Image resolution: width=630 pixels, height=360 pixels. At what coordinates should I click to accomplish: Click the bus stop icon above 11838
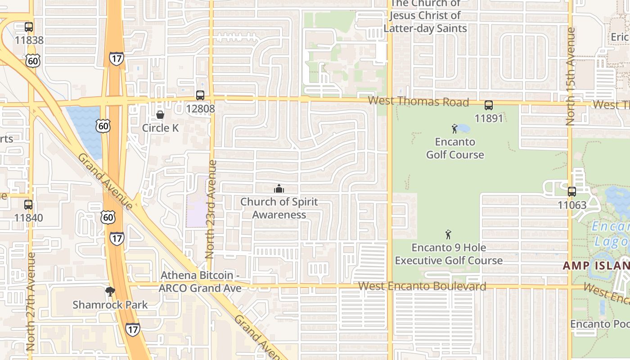(29, 27)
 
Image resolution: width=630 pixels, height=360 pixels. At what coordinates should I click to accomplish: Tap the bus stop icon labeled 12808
(200, 95)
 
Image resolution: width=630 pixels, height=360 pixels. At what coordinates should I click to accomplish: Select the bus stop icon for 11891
(489, 105)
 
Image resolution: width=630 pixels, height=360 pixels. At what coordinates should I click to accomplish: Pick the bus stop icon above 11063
(572, 192)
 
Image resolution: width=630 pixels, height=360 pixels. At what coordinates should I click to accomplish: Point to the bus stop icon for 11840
(28, 205)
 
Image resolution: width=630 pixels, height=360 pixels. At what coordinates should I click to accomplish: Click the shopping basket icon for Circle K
(160, 115)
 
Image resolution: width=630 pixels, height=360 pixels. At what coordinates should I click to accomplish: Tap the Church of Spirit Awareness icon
(279, 188)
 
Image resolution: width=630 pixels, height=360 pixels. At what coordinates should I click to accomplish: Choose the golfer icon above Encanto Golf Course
(454, 129)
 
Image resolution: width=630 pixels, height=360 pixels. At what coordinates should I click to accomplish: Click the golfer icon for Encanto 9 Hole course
(448, 234)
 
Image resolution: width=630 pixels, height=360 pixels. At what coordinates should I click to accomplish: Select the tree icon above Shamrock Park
(110, 292)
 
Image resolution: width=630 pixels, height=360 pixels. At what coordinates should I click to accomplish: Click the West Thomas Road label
(418, 102)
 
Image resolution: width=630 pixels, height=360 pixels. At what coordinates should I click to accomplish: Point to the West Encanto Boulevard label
(422, 286)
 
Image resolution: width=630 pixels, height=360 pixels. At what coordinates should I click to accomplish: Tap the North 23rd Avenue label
(211, 209)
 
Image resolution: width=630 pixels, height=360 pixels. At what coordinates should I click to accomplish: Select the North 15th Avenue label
(571, 76)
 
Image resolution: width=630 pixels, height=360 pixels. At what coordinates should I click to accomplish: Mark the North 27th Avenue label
(31, 301)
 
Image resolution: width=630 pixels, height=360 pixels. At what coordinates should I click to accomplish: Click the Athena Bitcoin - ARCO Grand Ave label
(200, 281)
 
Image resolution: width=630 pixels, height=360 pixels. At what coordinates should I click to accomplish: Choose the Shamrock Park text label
(110, 305)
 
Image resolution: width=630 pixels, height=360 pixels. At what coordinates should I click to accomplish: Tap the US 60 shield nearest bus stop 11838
(33, 60)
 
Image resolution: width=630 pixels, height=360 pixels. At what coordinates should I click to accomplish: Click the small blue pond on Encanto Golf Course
(463, 129)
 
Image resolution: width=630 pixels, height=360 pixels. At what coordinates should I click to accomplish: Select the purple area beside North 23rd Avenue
(197, 205)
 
